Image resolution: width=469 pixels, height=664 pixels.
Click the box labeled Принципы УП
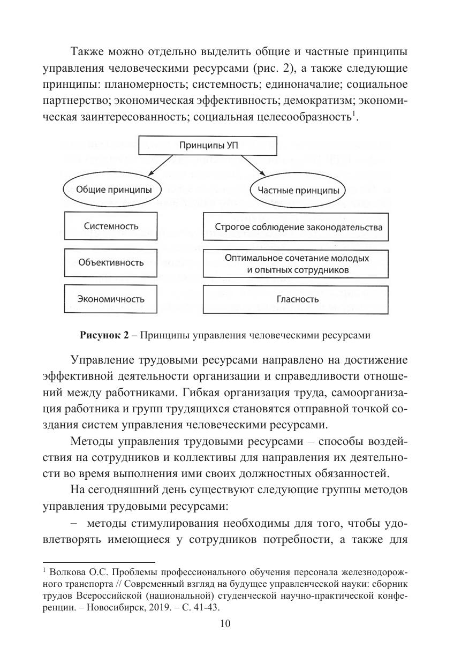click(209, 146)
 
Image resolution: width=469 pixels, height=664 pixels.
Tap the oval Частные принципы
click(298, 190)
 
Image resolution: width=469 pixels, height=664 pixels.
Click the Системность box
click(111, 226)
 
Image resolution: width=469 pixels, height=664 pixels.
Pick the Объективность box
click(111, 262)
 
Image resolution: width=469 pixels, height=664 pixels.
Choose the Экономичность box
click(111, 299)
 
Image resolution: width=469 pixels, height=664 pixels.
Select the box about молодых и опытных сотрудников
click(296, 263)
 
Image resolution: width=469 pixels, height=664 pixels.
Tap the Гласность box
click(296, 299)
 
